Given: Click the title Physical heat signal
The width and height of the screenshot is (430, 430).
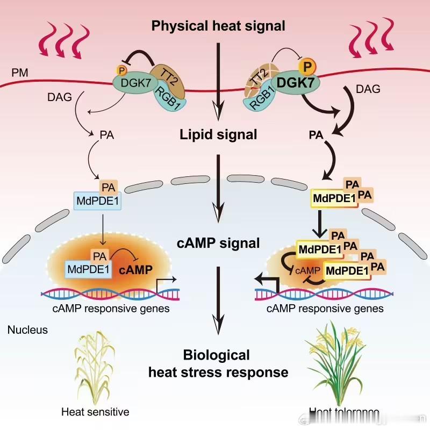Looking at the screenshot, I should pos(218,25).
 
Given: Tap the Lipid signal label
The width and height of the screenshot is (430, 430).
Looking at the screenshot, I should pos(218,134).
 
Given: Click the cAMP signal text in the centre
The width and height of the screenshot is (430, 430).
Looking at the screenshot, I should pos(218,243).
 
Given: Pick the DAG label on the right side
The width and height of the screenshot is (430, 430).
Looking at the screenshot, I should pos(368,89).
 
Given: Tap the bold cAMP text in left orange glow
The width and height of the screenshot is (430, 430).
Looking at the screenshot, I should pos(135,269).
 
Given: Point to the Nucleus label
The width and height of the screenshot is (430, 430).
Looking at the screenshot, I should pos(27,330).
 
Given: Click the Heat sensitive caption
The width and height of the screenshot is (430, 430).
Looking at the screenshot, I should pos(95,412).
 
